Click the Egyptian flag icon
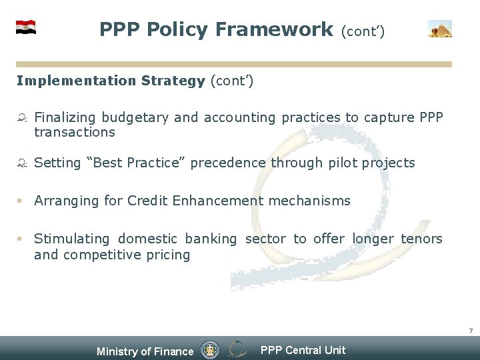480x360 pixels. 26,27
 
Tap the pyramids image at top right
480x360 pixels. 440,29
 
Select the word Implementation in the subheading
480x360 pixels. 77,81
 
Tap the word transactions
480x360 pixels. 75,132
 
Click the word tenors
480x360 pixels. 421,239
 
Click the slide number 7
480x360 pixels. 471,331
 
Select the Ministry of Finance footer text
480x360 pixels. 145,351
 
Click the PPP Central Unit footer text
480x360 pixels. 303,350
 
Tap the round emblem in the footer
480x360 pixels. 210,349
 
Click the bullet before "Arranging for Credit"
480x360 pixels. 20,201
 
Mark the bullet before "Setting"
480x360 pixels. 21,163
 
